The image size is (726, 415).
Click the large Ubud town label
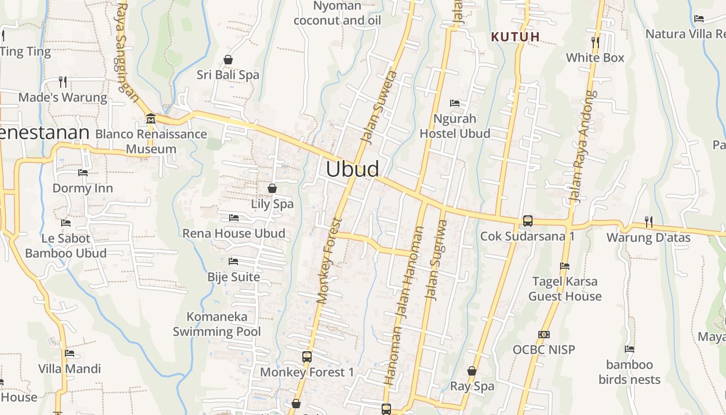(353, 169)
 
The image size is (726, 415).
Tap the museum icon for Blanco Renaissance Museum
(151, 118)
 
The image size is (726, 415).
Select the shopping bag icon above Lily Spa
(272, 188)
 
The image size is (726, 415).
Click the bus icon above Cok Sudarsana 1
(527, 220)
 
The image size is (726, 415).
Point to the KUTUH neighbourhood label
(515, 37)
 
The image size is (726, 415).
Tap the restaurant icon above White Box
(595, 41)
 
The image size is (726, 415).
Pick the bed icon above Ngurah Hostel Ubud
(455, 103)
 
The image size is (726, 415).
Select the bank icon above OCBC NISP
(544, 335)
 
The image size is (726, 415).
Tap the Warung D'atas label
(648, 238)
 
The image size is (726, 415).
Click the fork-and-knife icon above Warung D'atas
(648, 222)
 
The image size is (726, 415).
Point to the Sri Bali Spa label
(228, 75)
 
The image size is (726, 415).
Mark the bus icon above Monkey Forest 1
(307, 357)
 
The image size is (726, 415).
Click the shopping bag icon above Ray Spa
(472, 371)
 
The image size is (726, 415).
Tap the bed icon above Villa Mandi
(69, 353)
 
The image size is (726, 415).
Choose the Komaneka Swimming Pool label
(217, 324)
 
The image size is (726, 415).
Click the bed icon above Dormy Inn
(82, 172)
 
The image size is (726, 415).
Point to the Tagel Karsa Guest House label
(565, 289)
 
